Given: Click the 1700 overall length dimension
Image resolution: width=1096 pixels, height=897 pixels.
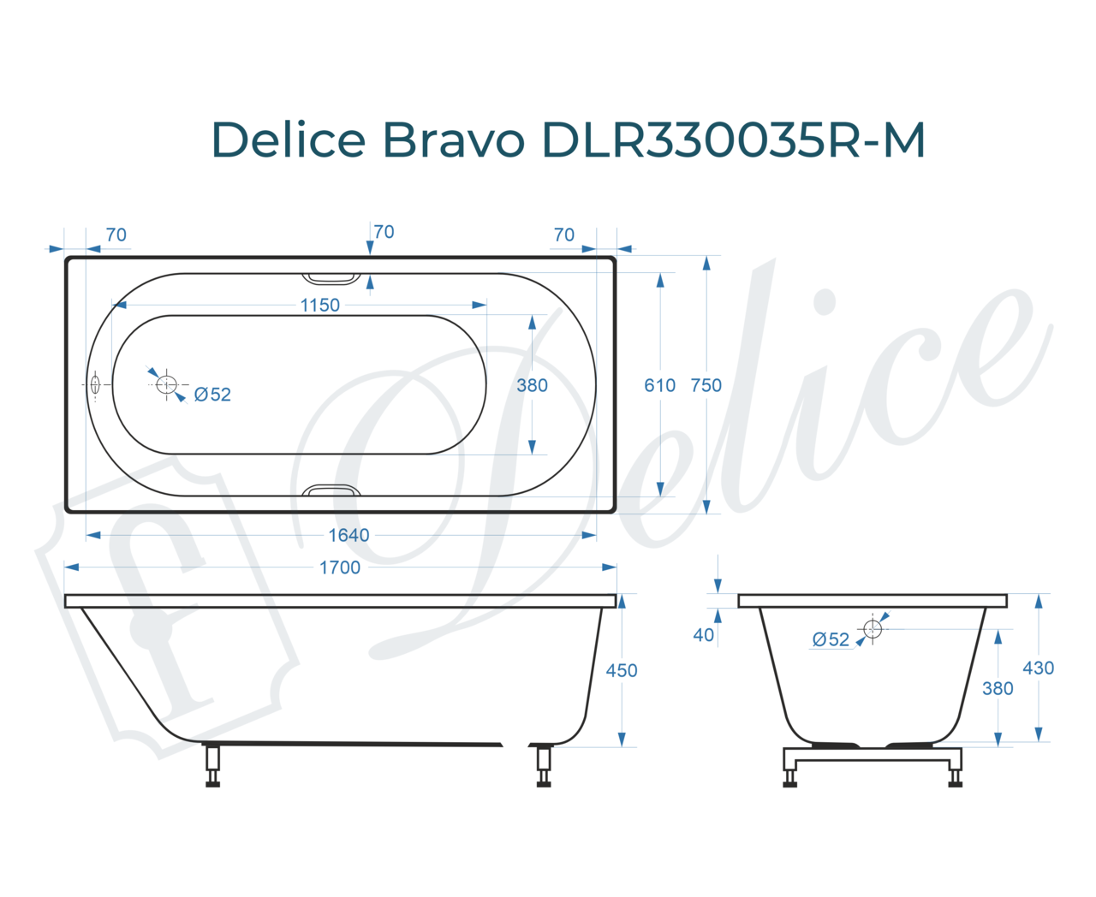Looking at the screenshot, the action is coord(339,567).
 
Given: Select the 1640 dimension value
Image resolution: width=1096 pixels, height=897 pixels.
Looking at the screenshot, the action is coord(348,536).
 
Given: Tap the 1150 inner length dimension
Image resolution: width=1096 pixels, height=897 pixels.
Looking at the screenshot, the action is coord(319,305).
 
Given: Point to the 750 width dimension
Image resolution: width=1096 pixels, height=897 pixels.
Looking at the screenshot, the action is coord(706,385).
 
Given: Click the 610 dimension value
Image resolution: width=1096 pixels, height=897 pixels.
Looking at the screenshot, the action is coord(659,385).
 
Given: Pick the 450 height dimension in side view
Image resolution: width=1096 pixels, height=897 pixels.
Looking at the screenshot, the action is coord(621,670).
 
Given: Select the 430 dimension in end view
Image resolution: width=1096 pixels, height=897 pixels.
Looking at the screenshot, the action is coord(1039,668).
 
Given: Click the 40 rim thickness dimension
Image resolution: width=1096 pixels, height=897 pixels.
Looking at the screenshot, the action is coord(703,635).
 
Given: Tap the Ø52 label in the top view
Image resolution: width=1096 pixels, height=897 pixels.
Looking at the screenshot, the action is coord(212,395).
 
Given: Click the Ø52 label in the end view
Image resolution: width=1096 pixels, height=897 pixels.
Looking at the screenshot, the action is coord(831,639).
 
